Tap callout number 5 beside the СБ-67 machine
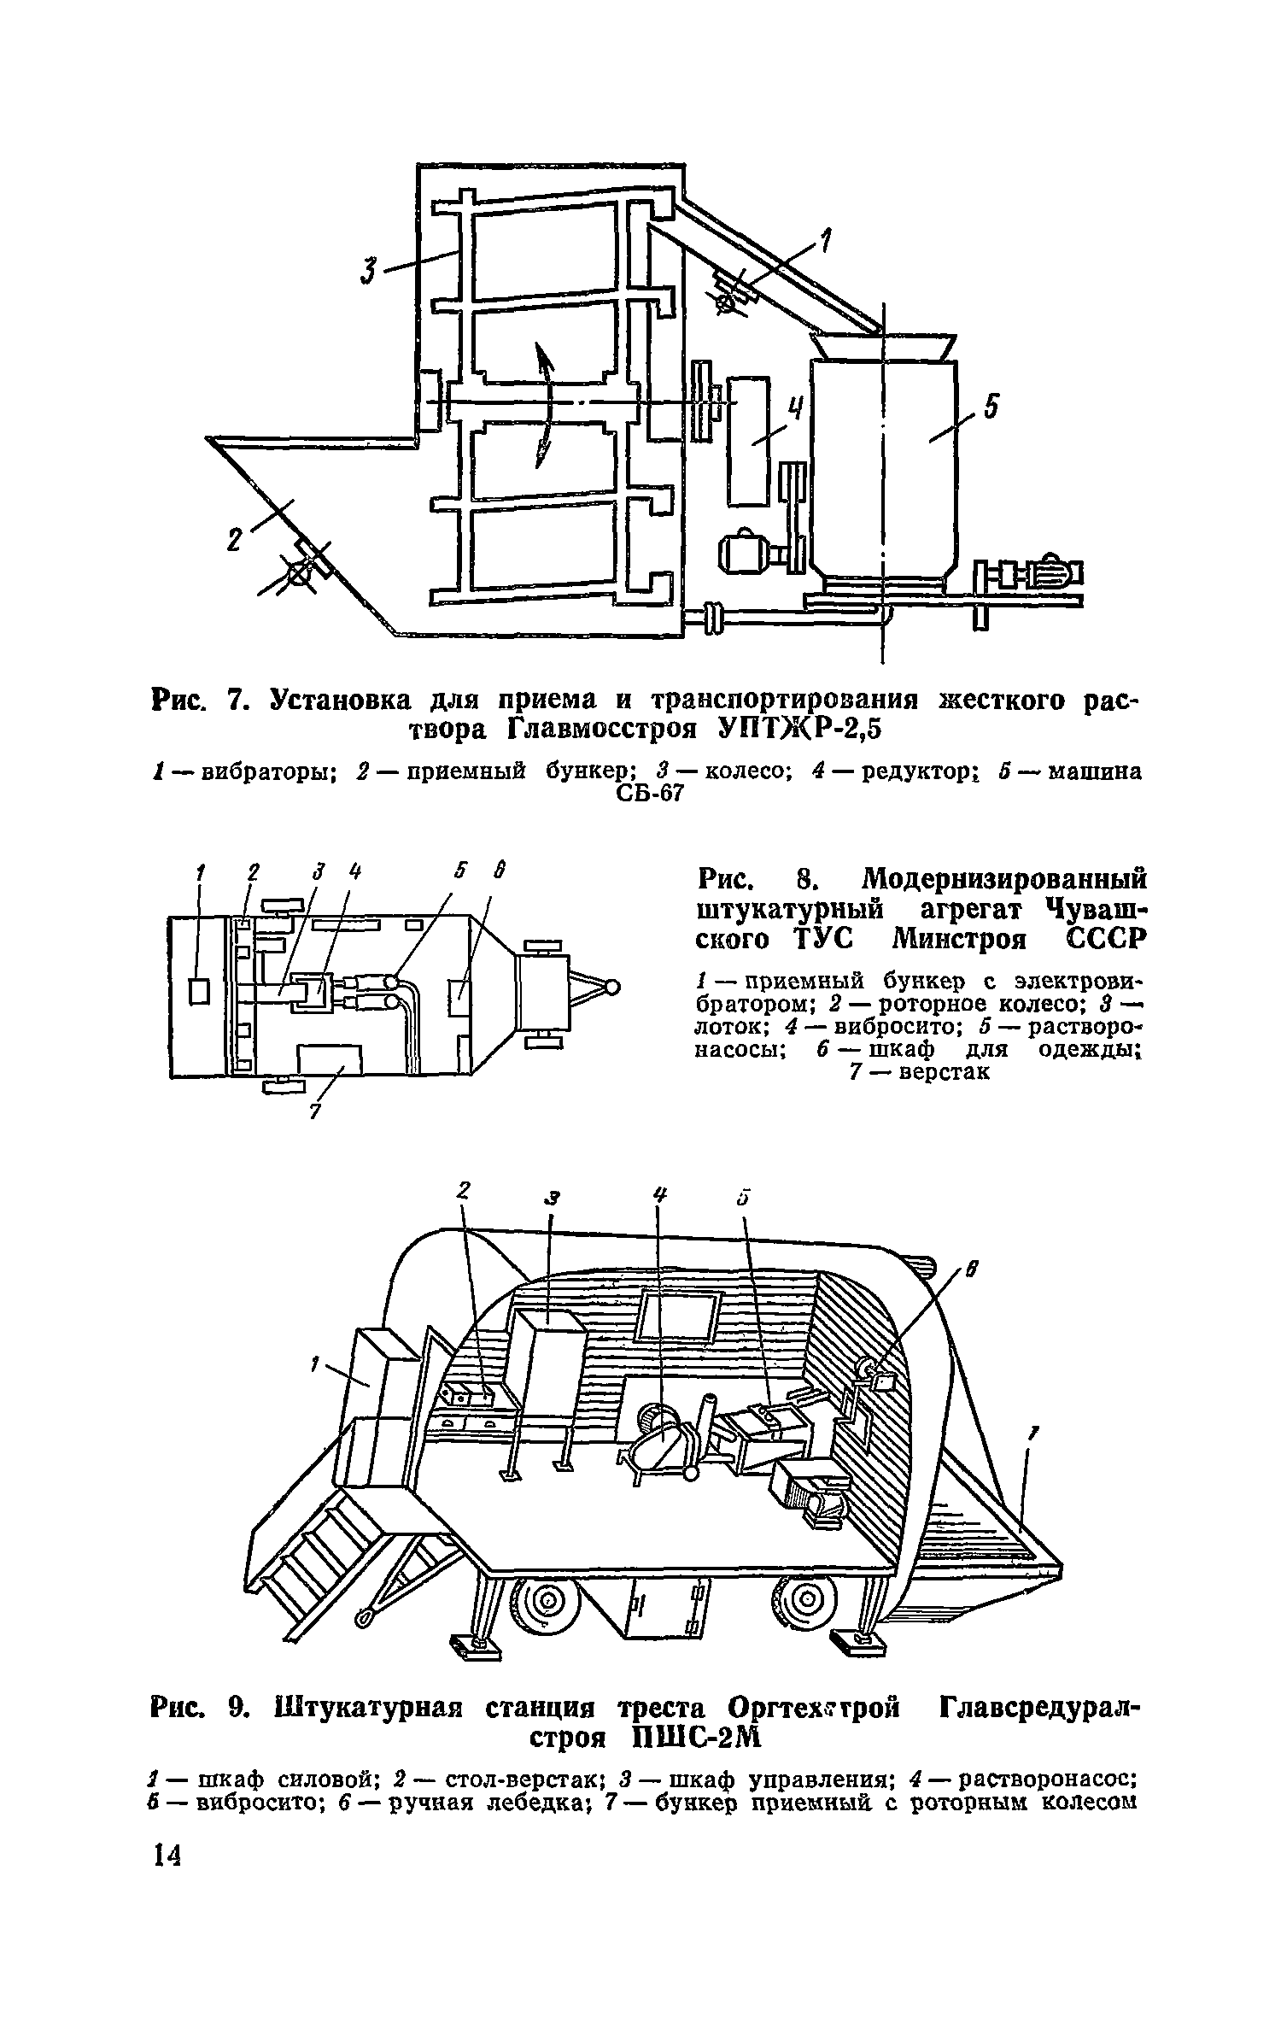[990, 408]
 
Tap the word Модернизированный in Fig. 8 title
[1004, 879]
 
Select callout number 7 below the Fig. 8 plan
[313, 1111]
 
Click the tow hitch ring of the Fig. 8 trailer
[611, 988]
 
